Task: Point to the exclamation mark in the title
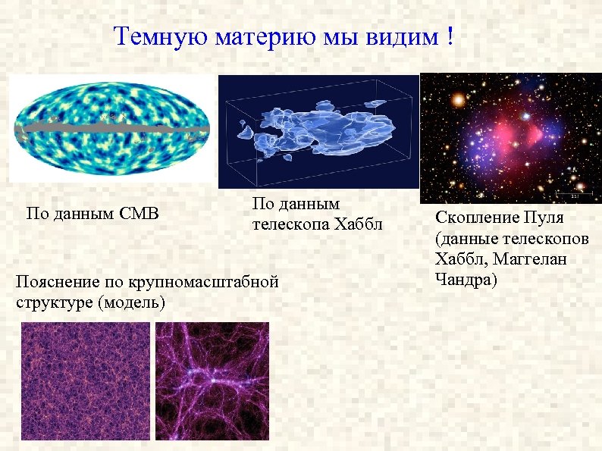click(x=450, y=36)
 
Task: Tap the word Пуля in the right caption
click(x=544, y=218)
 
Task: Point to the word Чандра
click(x=463, y=279)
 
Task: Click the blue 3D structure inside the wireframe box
click(x=318, y=130)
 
